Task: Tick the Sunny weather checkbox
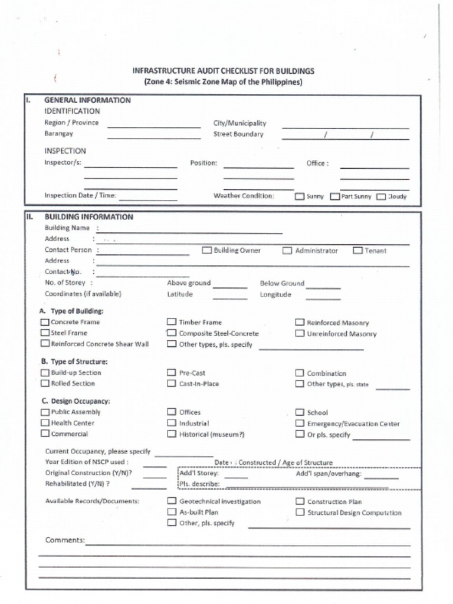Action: (x=300, y=196)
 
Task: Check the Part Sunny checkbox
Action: (x=334, y=196)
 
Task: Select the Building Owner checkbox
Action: (x=207, y=250)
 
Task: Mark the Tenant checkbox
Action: (x=357, y=251)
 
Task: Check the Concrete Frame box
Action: (x=45, y=322)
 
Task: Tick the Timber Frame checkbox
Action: (x=172, y=322)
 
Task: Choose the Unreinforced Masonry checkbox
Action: (x=300, y=334)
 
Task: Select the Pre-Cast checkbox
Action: (x=172, y=373)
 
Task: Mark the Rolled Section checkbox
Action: (x=45, y=383)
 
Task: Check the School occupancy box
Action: (x=300, y=412)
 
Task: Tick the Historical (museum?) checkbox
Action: (x=172, y=434)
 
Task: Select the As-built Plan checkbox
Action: (x=172, y=512)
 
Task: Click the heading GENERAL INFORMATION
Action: (x=87, y=100)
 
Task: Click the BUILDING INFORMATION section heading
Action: (x=88, y=216)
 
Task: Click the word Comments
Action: (x=65, y=540)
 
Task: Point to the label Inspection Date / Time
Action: (x=80, y=195)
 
